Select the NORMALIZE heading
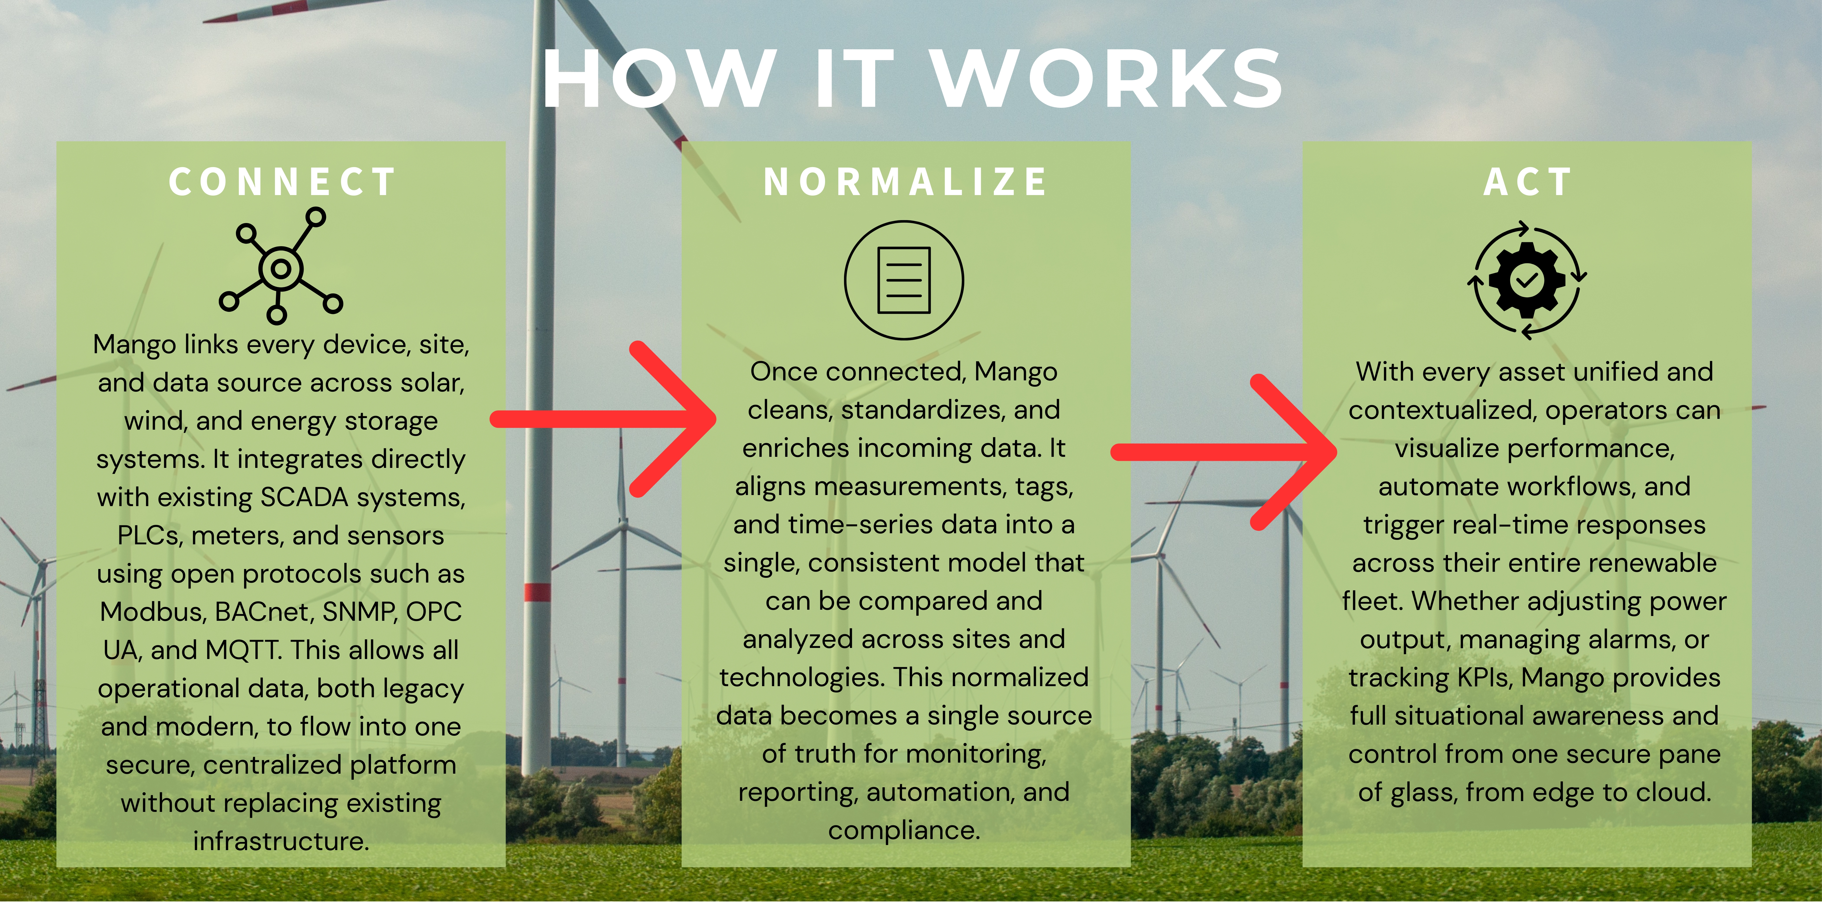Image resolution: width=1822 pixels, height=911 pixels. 905,182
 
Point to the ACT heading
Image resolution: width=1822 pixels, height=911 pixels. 1527,182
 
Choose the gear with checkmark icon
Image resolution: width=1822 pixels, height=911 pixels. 1527,280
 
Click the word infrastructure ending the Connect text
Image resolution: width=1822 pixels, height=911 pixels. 281,841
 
